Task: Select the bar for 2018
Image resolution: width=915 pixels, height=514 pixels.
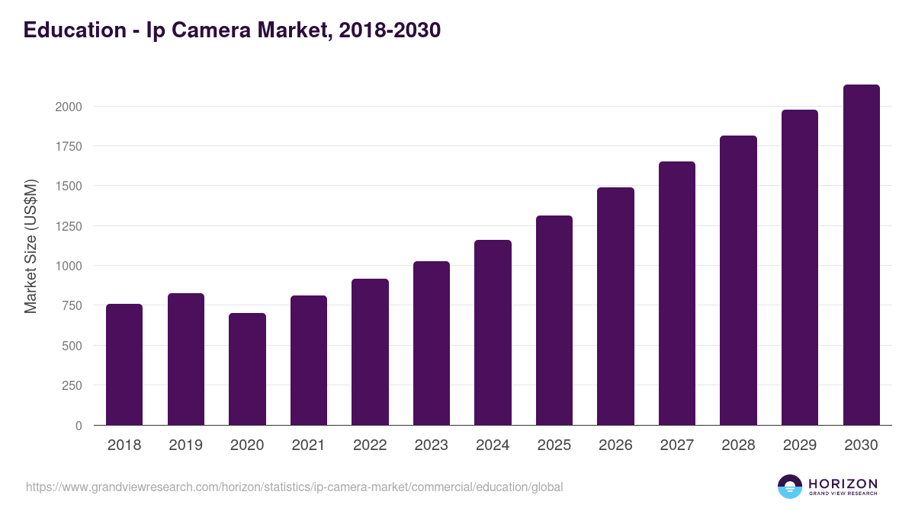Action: (x=124, y=365)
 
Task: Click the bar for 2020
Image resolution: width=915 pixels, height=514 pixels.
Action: (x=247, y=369)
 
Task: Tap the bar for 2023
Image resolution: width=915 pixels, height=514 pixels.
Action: (x=432, y=343)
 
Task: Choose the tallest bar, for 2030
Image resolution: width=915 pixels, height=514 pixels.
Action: (x=861, y=255)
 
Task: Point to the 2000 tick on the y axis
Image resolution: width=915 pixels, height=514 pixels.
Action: (x=69, y=107)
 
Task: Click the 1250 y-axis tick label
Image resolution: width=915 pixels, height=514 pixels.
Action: (x=69, y=226)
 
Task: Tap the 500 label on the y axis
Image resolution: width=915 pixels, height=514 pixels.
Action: (x=72, y=346)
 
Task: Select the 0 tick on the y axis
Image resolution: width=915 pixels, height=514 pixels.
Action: (x=79, y=426)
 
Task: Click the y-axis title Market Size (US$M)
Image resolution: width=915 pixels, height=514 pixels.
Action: (x=30, y=246)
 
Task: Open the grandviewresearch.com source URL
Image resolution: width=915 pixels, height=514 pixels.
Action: (x=294, y=487)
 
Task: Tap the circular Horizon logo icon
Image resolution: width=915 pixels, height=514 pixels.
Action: (x=790, y=487)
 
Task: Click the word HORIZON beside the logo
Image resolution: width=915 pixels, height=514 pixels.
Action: (x=843, y=484)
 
